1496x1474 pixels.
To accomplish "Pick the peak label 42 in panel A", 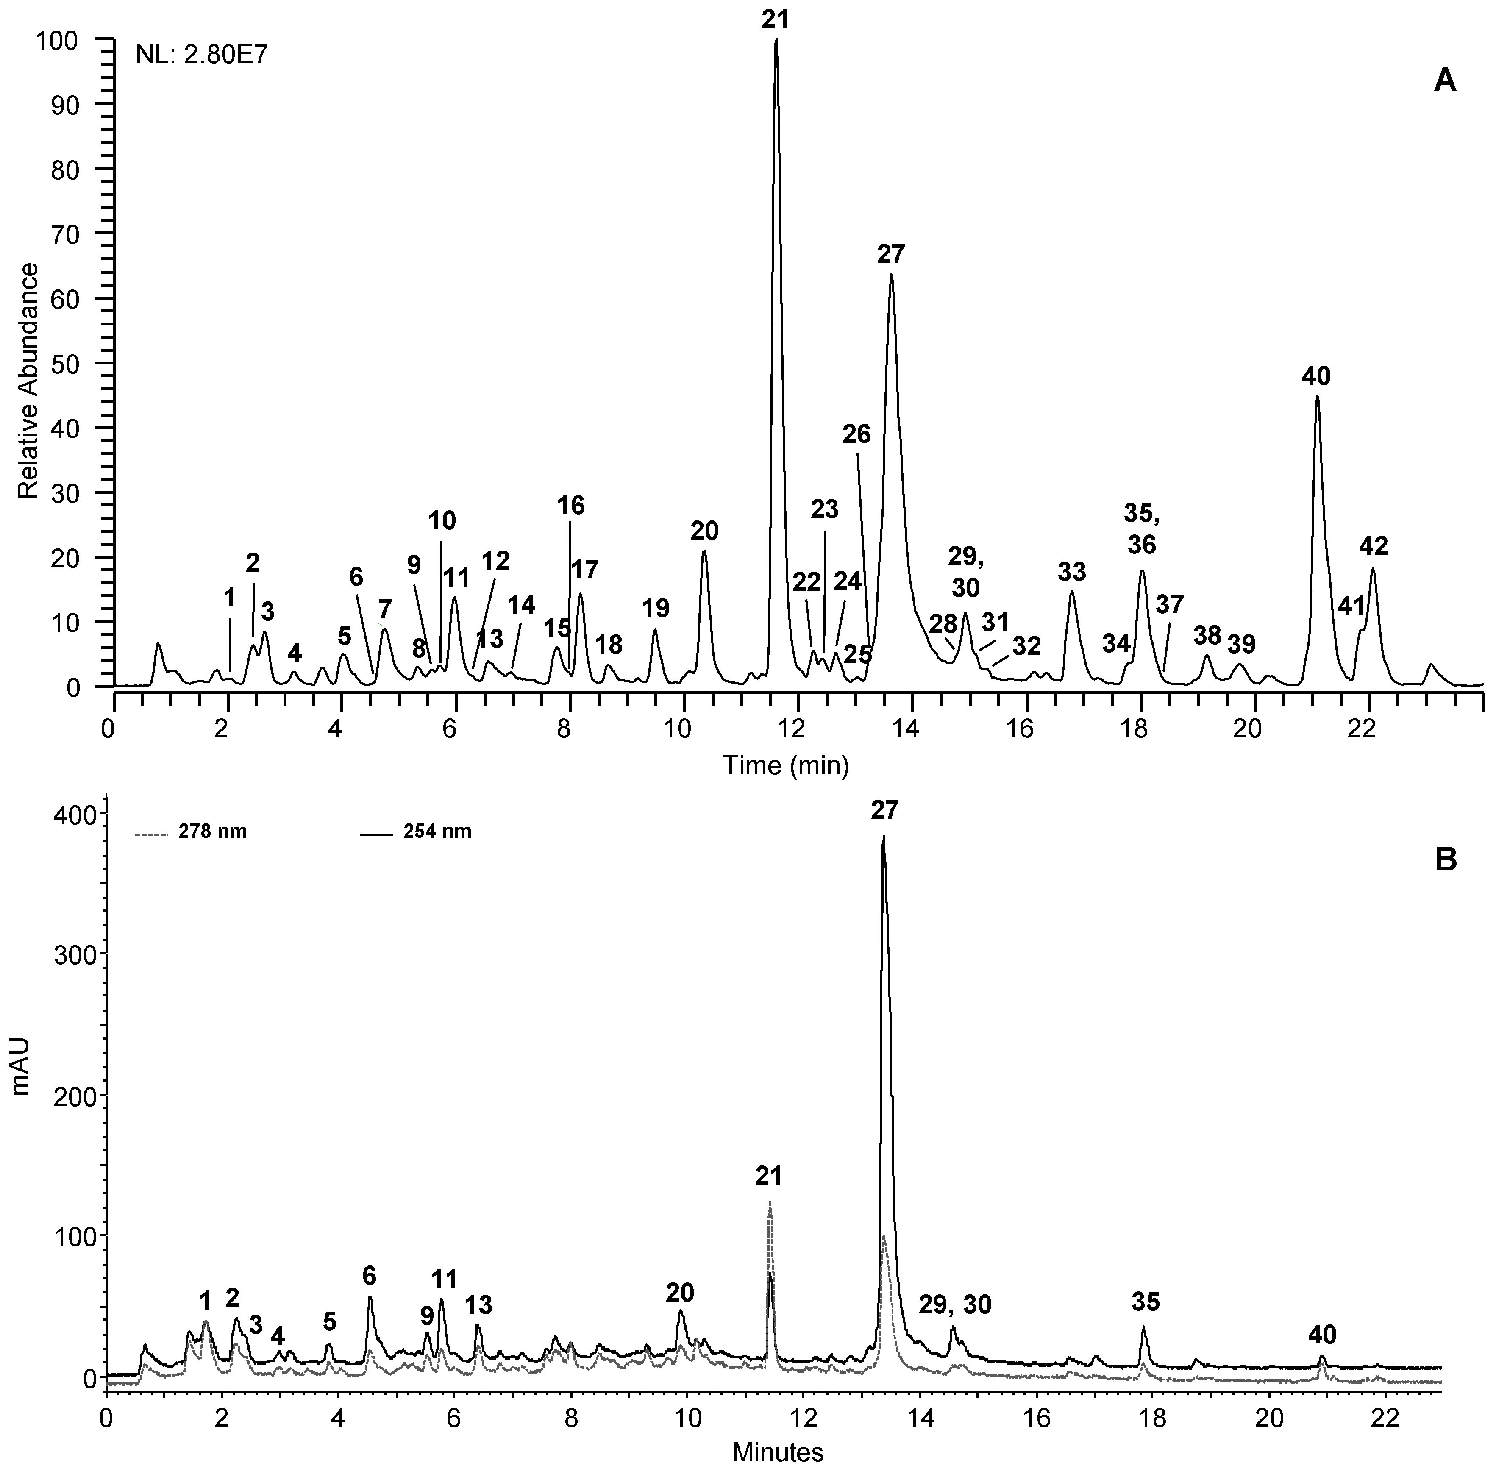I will coord(1374,547).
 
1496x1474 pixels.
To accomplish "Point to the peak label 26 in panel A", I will coord(857,434).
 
